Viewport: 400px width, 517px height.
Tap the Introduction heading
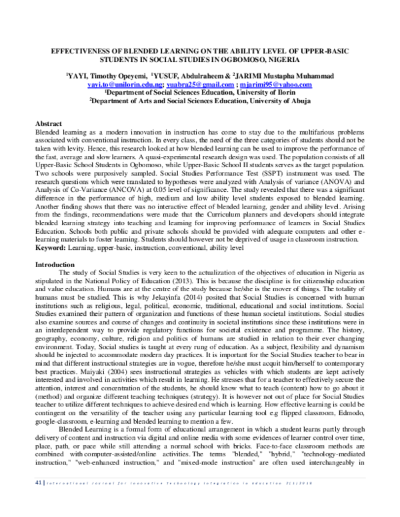click(x=55, y=264)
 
